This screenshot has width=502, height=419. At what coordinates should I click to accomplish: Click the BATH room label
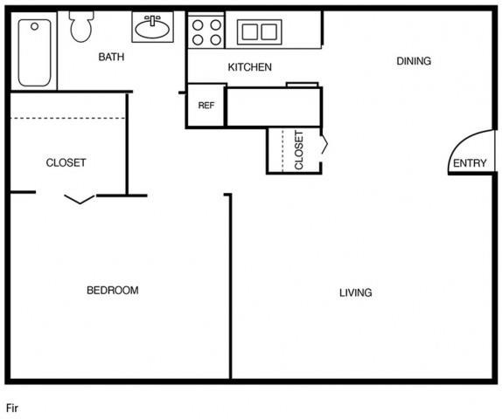[x=111, y=57]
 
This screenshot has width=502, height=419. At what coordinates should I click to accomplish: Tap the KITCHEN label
[x=250, y=67]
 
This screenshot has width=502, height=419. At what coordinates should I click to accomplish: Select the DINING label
[x=414, y=61]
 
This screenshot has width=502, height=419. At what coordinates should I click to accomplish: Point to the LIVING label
[x=356, y=292]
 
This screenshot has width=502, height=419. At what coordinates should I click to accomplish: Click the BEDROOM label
[x=113, y=290]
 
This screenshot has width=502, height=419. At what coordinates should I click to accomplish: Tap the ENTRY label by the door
[x=470, y=163]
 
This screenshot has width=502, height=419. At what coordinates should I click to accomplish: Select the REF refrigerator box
[x=206, y=105]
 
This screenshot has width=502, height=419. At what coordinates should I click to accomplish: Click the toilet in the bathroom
[x=81, y=27]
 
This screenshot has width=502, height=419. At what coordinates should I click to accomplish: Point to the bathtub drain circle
[x=35, y=26]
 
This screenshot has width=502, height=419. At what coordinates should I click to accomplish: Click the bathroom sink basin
[x=152, y=29]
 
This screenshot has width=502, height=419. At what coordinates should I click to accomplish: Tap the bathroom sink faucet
[x=153, y=20]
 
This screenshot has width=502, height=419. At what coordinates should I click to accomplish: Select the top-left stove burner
[x=198, y=25]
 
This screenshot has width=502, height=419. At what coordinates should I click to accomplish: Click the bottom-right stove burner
[x=216, y=40]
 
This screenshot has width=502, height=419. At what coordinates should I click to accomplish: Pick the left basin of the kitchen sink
[x=250, y=32]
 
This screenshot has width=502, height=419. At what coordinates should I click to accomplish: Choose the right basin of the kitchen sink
[x=269, y=32]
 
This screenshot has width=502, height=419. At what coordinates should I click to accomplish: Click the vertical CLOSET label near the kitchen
[x=299, y=150]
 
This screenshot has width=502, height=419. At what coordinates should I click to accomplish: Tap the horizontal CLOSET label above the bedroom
[x=66, y=162]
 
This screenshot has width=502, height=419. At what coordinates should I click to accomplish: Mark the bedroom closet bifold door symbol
[x=80, y=199]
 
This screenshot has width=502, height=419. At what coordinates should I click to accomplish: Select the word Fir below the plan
[x=12, y=409]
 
